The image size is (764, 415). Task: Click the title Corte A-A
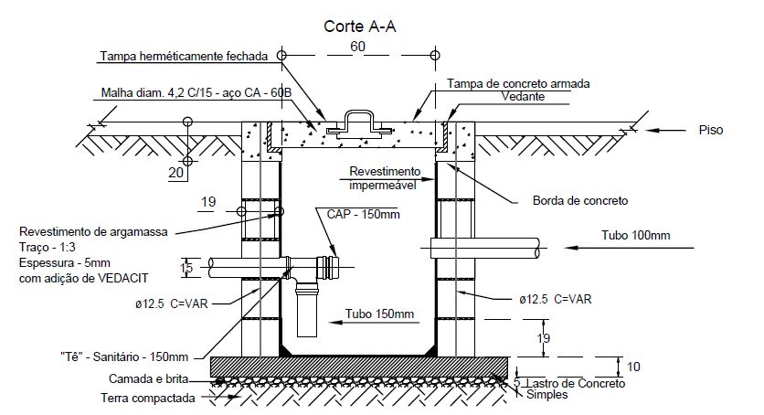[x=359, y=26]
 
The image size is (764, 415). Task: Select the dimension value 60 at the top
[x=358, y=46]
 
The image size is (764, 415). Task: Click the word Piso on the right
[x=710, y=131]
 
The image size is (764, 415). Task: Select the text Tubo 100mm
[x=636, y=236]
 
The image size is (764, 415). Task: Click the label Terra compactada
[x=149, y=398]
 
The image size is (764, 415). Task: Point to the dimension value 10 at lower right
[x=633, y=367]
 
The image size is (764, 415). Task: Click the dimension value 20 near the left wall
[x=176, y=171]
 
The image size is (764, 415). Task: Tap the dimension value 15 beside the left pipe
[x=186, y=268]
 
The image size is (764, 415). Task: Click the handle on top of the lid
[x=357, y=118]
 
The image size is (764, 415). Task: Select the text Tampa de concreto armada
[x=518, y=83]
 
